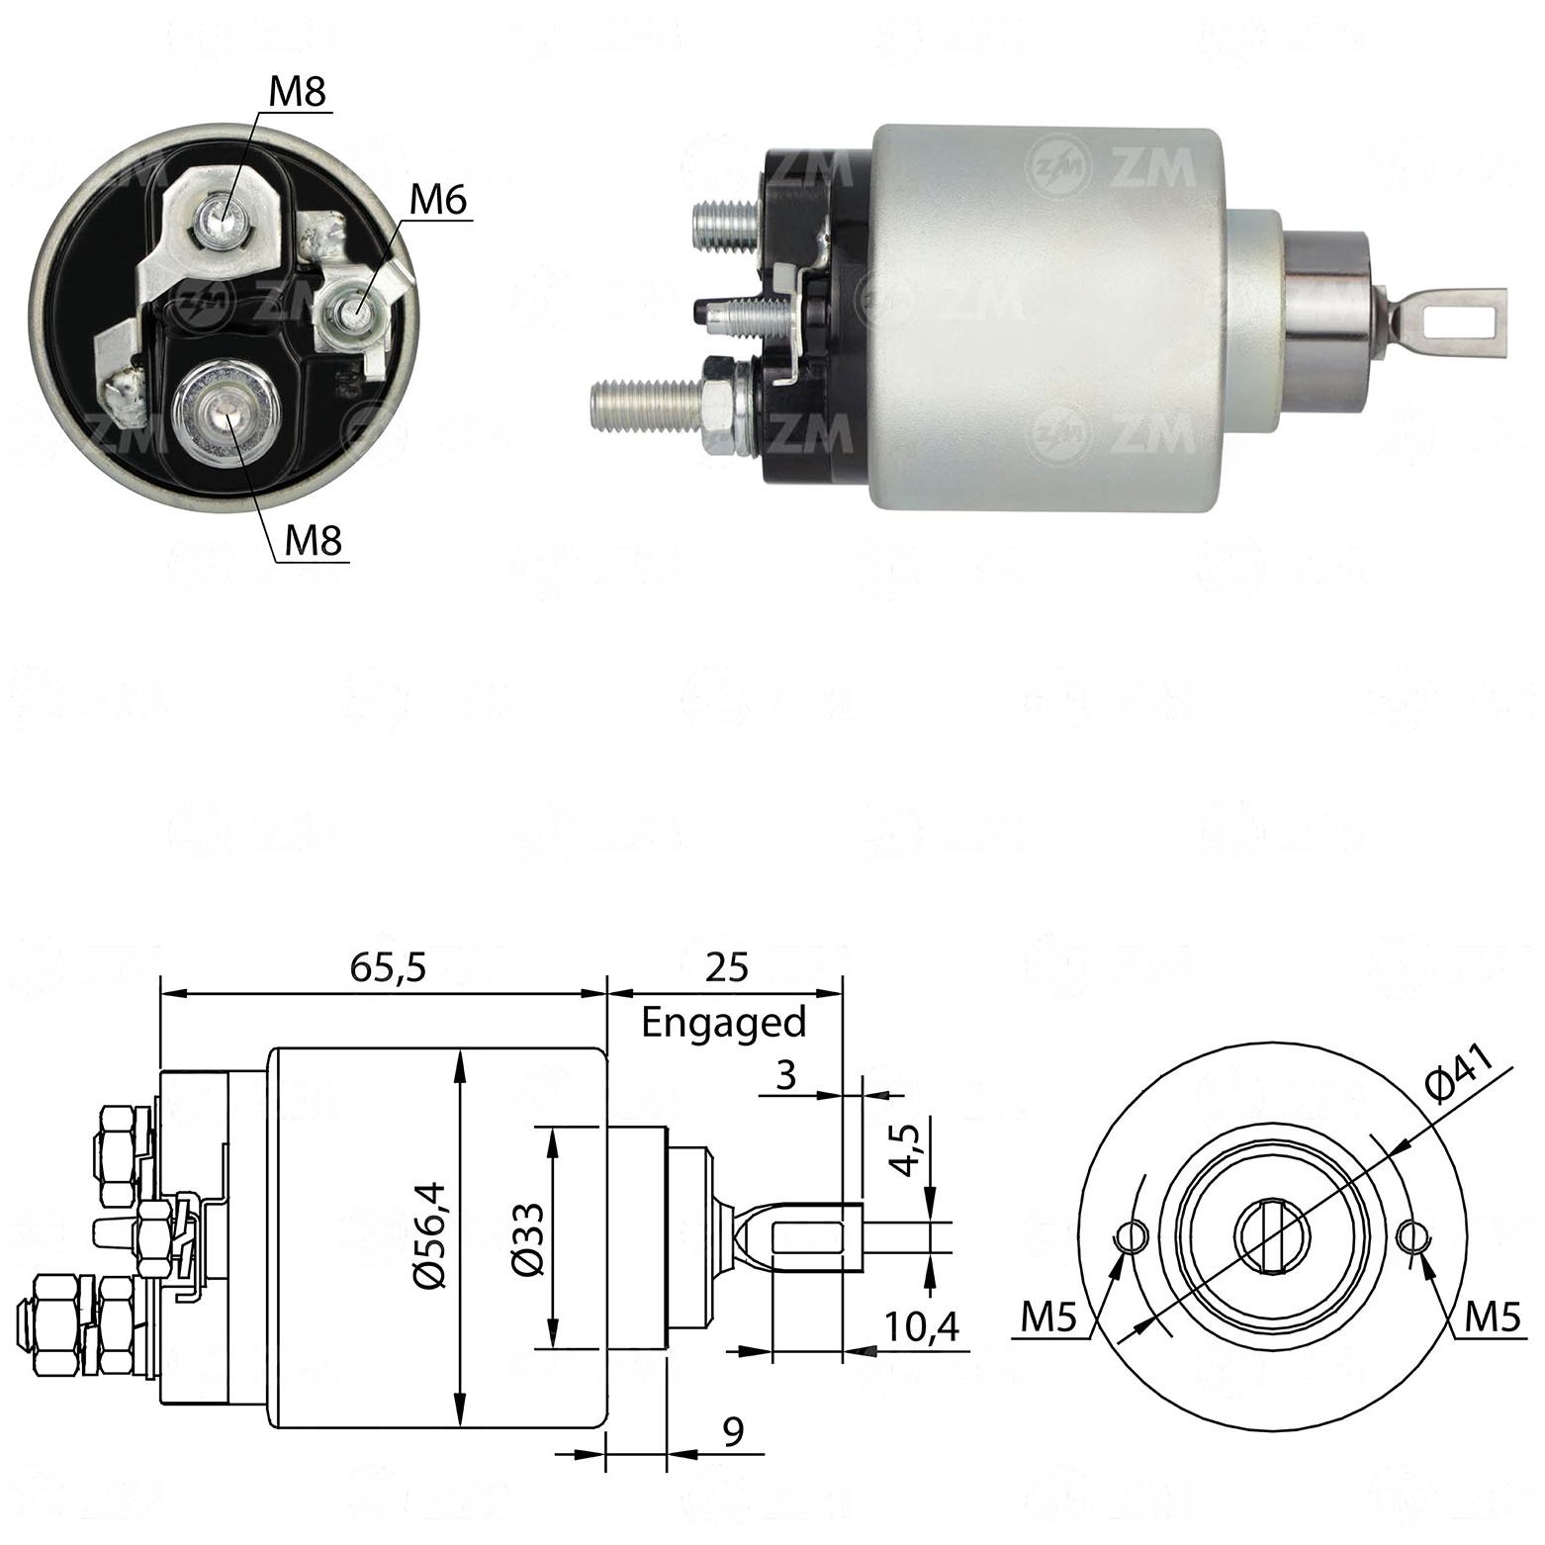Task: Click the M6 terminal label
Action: point(437,200)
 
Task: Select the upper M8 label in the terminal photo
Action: point(298,92)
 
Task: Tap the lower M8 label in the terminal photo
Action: point(313,540)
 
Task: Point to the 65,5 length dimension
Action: point(388,967)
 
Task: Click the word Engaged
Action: point(724,1023)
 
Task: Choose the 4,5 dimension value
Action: point(905,1150)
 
